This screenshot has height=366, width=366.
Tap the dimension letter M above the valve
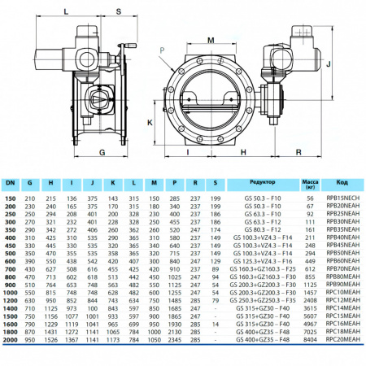211,40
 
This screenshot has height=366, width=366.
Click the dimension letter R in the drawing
300,151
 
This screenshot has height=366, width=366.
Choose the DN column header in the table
11,184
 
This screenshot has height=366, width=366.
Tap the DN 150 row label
11,198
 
